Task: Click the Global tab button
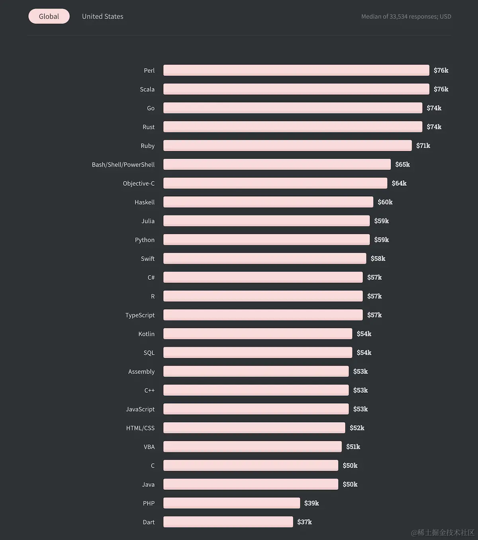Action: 49,16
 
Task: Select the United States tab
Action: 102,16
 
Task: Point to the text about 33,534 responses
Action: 406,16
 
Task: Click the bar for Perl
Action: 296,70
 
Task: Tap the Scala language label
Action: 147,89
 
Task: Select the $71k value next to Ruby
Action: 423,146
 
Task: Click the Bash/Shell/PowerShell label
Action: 123,164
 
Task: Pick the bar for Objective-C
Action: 275,183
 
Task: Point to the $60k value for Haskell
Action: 385,202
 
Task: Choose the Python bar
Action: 266,240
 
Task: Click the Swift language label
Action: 147,259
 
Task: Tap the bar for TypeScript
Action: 263,315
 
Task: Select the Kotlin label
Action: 146,334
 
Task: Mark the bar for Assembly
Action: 256,371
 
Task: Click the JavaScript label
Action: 140,409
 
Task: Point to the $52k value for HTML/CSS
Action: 357,428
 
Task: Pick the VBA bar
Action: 252,446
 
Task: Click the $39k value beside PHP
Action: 311,503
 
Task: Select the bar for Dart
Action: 228,522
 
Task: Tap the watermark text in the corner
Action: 443,532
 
